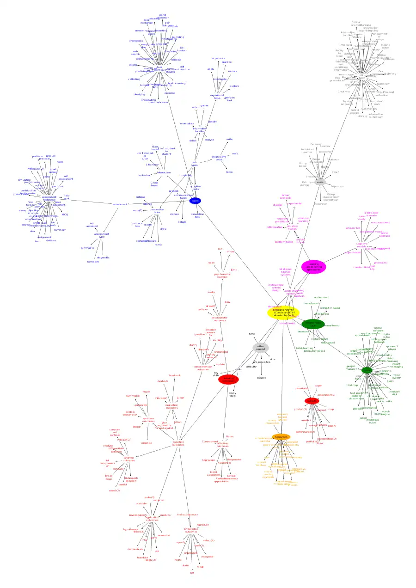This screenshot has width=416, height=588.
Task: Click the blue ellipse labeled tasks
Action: click(x=195, y=201)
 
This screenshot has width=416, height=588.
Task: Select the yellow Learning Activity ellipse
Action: click(x=283, y=312)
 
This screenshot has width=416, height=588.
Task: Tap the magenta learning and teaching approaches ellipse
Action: click(x=313, y=266)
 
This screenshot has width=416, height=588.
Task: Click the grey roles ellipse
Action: click(x=320, y=182)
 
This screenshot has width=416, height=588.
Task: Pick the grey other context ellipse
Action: click(x=260, y=348)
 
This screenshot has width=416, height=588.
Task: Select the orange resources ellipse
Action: click(x=281, y=437)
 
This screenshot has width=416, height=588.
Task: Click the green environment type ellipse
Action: click(x=313, y=324)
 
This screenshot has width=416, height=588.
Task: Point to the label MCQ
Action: click(x=65, y=214)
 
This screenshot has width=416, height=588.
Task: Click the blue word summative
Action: click(x=87, y=248)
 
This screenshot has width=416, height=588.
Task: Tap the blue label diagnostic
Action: click(x=103, y=257)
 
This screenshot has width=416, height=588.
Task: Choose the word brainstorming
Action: click(x=177, y=83)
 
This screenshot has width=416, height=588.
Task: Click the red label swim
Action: click(x=211, y=263)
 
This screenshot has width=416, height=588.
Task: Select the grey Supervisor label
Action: click(x=337, y=186)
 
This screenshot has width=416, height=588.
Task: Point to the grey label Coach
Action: click(x=335, y=172)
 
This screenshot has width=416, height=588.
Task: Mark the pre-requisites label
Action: click(x=262, y=362)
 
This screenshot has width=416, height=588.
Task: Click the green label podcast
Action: click(x=358, y=409)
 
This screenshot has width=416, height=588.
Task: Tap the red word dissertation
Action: click(x=302, y=388)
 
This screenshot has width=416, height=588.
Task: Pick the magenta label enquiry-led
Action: click(x=353, y=228)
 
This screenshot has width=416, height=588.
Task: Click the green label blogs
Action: click(x=390, y=381)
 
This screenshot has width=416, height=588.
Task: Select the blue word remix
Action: click(x=158, y=244)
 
